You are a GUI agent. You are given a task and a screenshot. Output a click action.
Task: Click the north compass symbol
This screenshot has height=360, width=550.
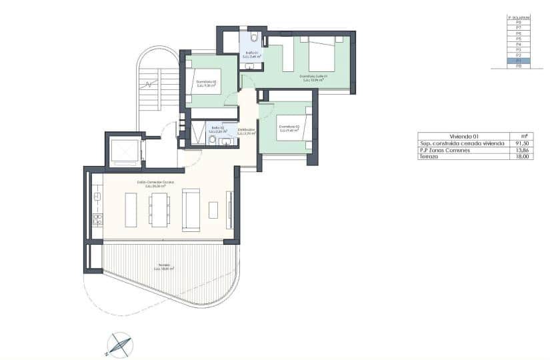tap(119, 343)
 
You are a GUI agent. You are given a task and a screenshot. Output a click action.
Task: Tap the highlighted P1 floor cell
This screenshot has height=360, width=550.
tap(518, 61)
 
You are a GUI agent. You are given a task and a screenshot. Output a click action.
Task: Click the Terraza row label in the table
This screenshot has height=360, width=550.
tap(431, 157)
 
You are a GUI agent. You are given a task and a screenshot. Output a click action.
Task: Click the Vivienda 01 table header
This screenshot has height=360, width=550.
tap(465, 136)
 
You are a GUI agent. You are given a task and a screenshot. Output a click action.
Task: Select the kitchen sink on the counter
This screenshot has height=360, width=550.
tap(97, 197)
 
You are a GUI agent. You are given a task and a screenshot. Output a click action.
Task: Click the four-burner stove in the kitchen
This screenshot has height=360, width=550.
tap(97, 218)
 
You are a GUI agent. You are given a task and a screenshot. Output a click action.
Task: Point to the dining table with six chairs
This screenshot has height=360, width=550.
tap(159, 209)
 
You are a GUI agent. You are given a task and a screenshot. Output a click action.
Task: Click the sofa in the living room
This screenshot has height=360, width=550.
tap(191, 209)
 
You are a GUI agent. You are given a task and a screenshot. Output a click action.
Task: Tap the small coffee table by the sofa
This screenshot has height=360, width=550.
tap(213, 210)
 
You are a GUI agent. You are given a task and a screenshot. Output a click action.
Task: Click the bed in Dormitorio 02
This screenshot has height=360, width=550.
tap(207, 81)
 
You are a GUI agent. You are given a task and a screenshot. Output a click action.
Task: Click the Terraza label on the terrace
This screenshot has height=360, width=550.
tap(163, 266)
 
